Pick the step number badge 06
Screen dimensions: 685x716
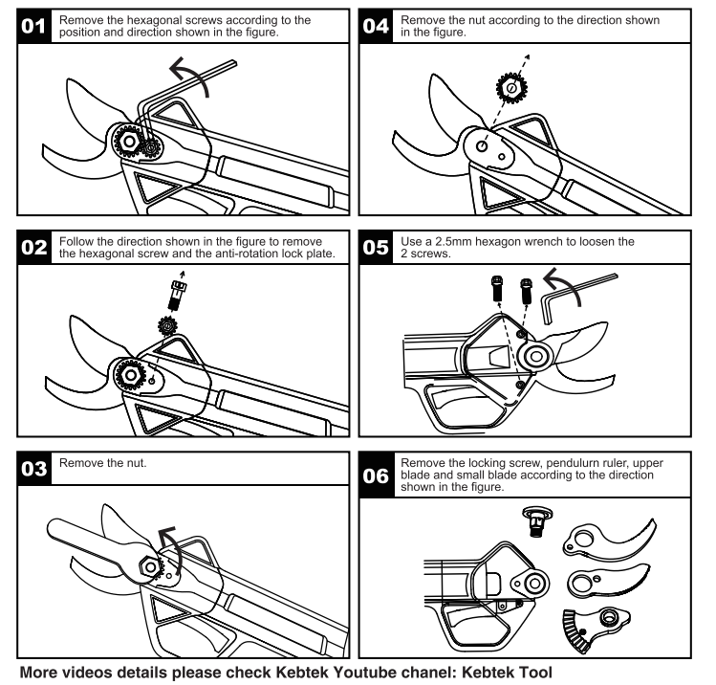375,475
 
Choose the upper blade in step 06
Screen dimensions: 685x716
610,541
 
